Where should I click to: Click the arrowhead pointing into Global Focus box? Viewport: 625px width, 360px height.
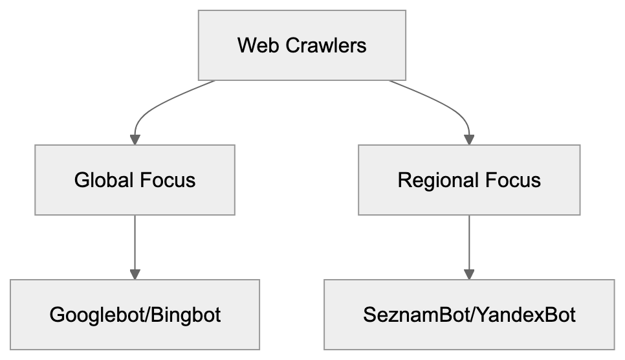click(x=135, y=139)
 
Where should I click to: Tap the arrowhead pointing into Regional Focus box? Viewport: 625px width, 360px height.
click(x=470, y=139)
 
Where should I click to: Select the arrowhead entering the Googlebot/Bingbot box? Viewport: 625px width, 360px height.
click(x=135, y=274)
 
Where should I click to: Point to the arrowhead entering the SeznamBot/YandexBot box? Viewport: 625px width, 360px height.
click(x=470, y=274)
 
